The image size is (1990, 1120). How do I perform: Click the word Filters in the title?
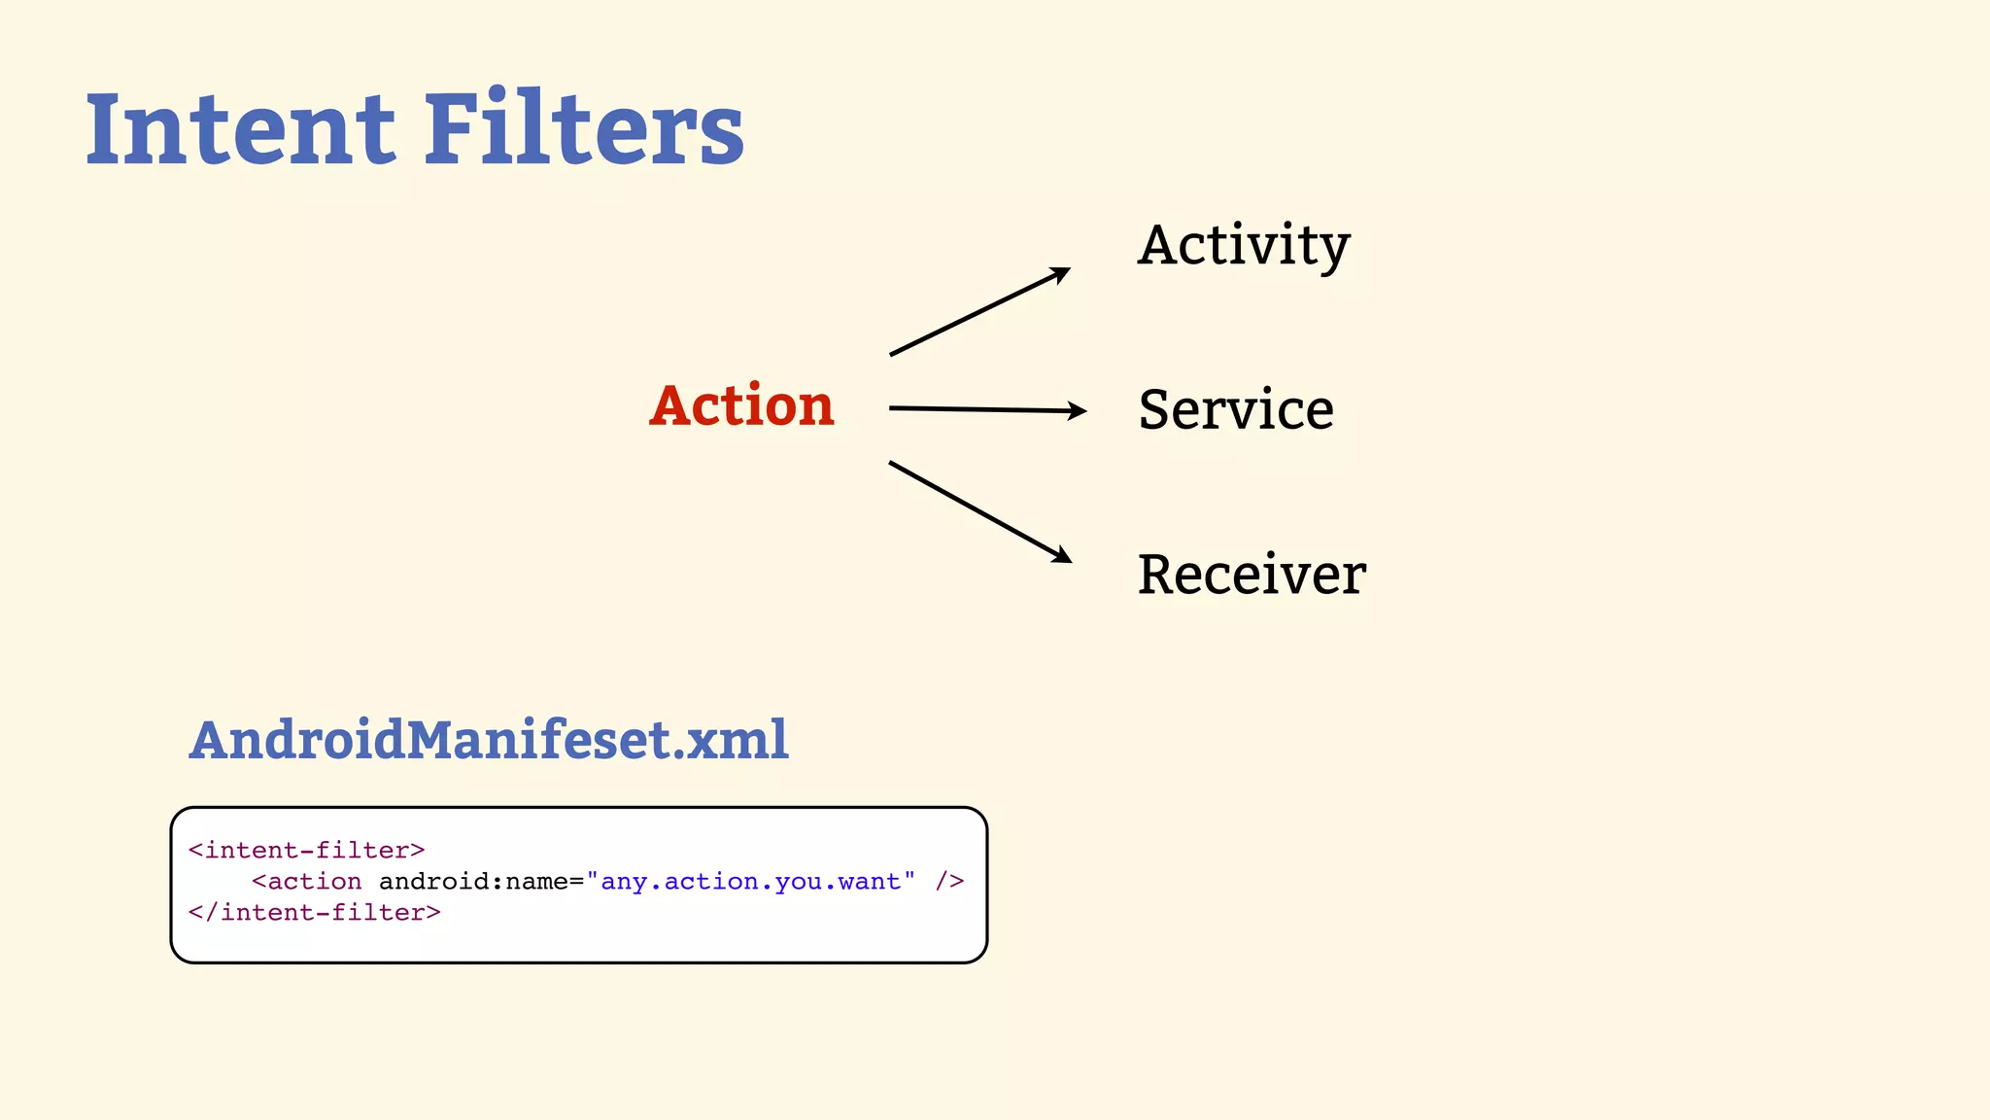(584, 129)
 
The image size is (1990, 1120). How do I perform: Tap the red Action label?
(742, 405)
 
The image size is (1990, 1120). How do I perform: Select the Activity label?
(1244, 245)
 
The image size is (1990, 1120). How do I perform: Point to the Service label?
(1236, 409)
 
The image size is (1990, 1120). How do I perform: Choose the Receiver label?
(1252, 575)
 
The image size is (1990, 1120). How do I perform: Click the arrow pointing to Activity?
(978, 312)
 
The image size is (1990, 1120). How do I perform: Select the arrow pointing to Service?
(986, 409)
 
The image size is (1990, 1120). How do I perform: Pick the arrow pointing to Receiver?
(979, 511)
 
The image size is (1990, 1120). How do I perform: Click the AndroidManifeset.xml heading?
(489, 740)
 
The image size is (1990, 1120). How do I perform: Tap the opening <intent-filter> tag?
(307, 850)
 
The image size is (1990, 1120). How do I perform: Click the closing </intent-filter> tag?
(315, 912)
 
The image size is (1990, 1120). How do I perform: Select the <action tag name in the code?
(307, 881)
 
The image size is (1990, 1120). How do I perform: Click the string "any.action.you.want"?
(751, 881)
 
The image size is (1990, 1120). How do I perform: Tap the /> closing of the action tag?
(949, 881)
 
